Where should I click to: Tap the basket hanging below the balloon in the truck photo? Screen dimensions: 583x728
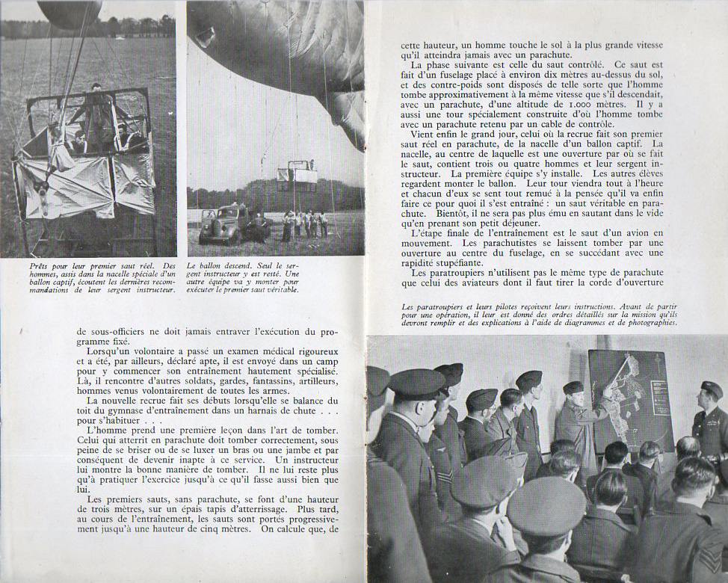tap(297, 175)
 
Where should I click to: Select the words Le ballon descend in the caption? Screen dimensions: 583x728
tap(221, 265)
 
